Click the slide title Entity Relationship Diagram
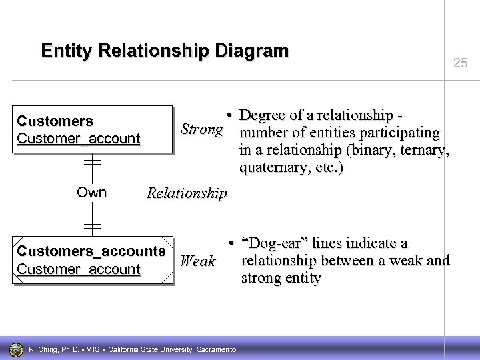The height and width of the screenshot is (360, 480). click(x=165, y=51)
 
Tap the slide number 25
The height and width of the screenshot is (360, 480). click(x=460, y=63)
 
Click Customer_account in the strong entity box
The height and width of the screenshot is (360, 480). click(x=79, y=139)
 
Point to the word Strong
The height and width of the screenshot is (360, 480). click(x=201, y=129)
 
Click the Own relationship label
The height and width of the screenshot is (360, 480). click(x=91, y=193)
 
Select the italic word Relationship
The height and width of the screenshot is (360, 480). click(x=187, y=193)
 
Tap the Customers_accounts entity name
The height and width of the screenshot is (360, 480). click(x=91, y=251)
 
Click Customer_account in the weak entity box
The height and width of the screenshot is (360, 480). click(x=79, y=269)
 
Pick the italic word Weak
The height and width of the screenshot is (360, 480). click(x=198, y=261)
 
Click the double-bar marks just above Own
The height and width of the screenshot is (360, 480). click(x=92, y=162)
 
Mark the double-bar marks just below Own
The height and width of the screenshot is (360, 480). click(x=92, y=225)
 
